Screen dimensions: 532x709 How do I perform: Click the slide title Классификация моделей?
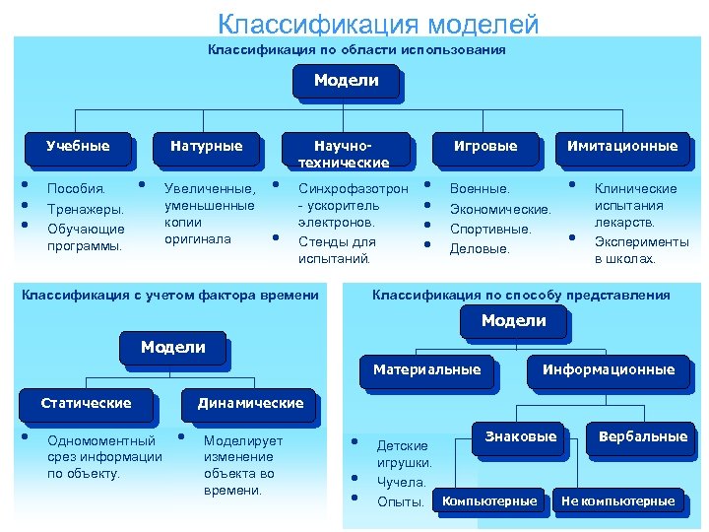pyautogui.click(x=378, y=23)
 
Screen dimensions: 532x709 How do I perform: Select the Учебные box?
pyautogui.click(x=78, y=147)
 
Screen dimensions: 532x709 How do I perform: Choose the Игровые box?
pyautogui.click(x=484, y=147)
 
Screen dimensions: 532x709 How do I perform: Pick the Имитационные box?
pyautogui.click(x=622, y=147)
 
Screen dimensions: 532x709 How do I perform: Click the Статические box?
pyautogui.click(x=86, y=403)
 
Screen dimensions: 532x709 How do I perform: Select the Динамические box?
pyautogui.click(x=250, y=403)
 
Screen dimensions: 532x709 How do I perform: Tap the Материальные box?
pyautogui.click(x=426, y=369)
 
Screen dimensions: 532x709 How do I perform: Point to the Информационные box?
pyautogui.click(x=609, y=369)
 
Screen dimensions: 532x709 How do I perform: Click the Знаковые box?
pyautogui.click(x=521, y=436)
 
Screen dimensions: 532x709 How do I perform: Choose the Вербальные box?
pyautogui.click(x=642, y=436)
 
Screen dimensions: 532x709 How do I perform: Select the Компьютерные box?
pyautogui.click(x=489, y=501)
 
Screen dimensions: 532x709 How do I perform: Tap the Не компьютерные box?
pyautogui.click(x=617, y=501)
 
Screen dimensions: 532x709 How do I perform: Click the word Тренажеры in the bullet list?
pyautogui.click(x=86, y=209)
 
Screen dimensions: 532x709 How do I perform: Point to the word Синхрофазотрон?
pyautogui.click(x=353, y=188)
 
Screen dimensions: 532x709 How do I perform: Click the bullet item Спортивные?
pyautogui.click(x=489, y=229)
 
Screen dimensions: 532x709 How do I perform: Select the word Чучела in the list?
pyautogui.click(x=402, y=482)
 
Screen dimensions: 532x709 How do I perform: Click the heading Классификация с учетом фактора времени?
pyautogui.click(x=170, y=295)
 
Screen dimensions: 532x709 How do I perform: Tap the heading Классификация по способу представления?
pyautogui.click(x=520, y=295)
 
